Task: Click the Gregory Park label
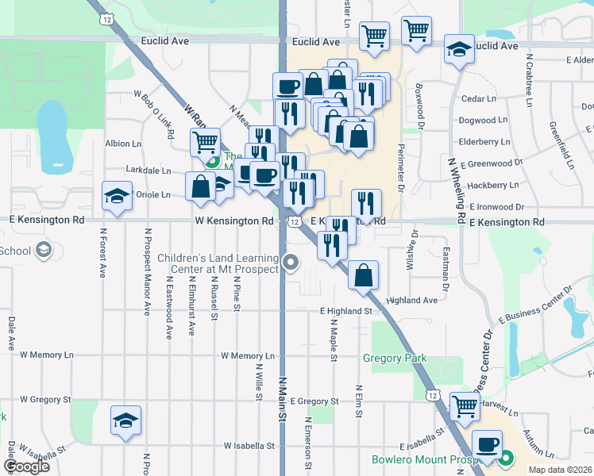click(395, 358)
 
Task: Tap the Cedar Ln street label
click(478, 99)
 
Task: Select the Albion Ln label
click(123, 144)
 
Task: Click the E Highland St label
click(346, 312)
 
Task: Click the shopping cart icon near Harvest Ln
click(465, 406)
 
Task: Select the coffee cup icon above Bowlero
click(488, 443)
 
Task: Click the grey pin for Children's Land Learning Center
click(292, 261)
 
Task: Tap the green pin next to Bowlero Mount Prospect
click(506, 457)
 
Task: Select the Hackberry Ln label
click(492, 185)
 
